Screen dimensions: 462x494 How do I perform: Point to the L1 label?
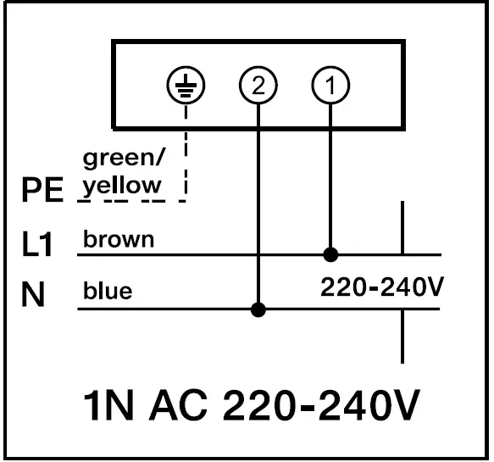[38, 246]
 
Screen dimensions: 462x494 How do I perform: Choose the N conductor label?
[33, 295]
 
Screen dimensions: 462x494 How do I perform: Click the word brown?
[119, 239]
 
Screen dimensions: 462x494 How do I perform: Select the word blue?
[108, 292]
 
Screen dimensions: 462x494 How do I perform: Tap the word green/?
[123, 159]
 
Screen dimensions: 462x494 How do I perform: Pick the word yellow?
[122, 184]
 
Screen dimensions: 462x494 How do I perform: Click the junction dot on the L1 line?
[330, 253]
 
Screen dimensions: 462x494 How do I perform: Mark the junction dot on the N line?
[258, 309]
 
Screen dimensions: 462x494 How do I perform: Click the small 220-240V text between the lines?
[382, 287]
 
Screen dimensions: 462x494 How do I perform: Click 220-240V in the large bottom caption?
[321, 407]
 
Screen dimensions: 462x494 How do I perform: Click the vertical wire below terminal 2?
[258, 203]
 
